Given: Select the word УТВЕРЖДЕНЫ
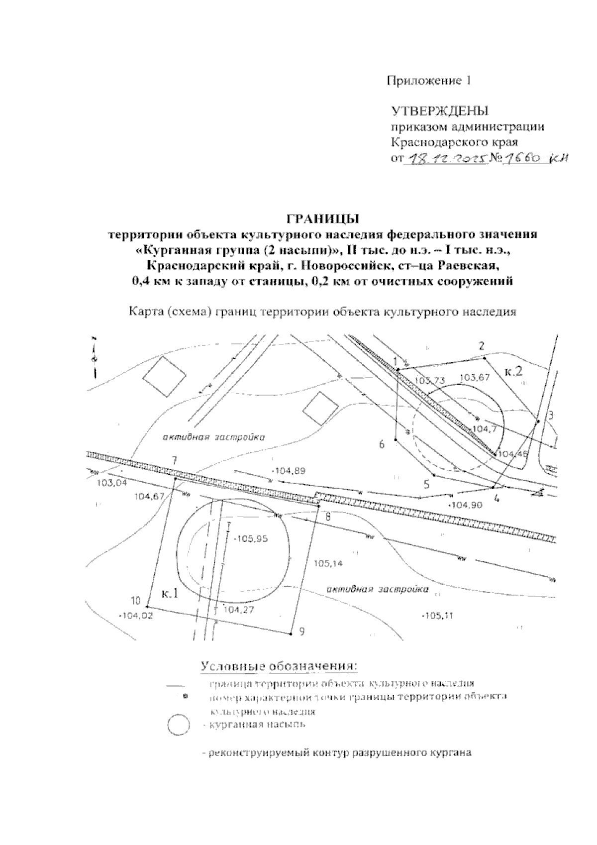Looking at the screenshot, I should (x=440, y=111).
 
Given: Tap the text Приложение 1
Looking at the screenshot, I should (x=429, y=81).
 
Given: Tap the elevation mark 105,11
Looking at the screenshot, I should (x=438, y=616).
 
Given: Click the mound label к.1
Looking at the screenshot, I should (x=170, y=594).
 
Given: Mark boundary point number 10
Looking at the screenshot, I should (x=136, y=600).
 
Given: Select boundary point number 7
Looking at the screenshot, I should (x=174, y=459).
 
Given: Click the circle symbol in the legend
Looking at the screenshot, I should (x=178, y=725).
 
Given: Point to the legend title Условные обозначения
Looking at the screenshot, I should (x=279, y=666).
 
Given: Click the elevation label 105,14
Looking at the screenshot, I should (x=329, y=564).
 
